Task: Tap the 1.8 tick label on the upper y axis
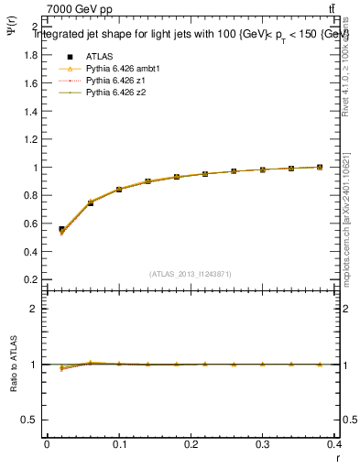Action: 31,55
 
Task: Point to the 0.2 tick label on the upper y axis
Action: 31,279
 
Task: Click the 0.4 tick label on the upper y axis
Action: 31,252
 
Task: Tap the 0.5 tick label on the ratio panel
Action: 31,420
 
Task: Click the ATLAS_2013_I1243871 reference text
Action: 191,274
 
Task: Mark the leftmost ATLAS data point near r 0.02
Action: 61,230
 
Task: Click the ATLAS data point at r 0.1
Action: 119,190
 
